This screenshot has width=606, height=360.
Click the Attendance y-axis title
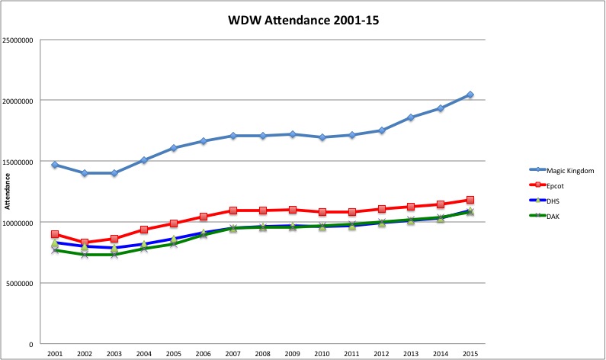[8, 191]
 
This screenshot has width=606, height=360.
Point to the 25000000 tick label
[19, 40]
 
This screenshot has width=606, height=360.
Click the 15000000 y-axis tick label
[19, 162]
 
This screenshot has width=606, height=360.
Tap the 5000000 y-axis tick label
[21, 284]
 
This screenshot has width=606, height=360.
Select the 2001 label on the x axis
[55, 354]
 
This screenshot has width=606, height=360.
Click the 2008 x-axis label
[262, 354]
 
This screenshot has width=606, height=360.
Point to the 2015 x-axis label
[470, 354]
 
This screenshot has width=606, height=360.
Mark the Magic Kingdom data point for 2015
[470, 95]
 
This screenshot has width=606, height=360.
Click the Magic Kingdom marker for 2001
[55, 165]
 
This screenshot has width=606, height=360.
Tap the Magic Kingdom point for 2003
[114, 173]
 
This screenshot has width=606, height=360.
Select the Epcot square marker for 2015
[470, 200]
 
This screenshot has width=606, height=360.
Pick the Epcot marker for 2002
[85, 243]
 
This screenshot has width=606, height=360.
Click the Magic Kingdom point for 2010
[322, 137]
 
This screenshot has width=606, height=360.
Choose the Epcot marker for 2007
[232, 211]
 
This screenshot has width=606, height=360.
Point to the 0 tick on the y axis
[30, 345]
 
